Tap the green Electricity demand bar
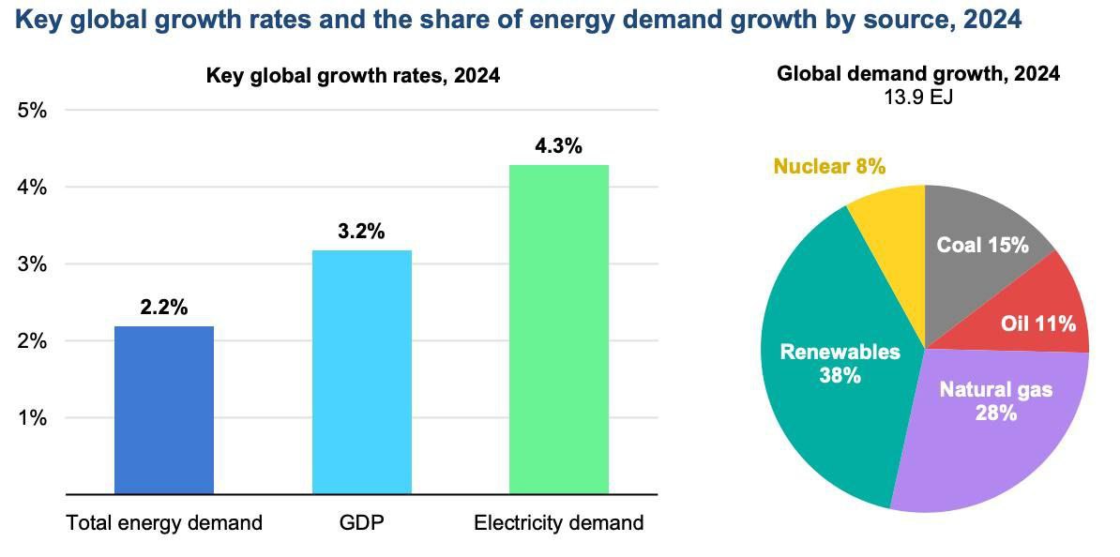point(559,329)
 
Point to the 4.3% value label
point(559,146)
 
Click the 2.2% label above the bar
point(164,308)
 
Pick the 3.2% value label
point(361,232)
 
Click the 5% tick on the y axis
point(32,111)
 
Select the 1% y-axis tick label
point(32,418)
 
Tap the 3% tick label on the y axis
point(32,264)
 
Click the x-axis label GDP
point(361,523)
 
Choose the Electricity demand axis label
point(559,523)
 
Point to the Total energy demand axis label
point(164,523)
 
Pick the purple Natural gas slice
point(985,422)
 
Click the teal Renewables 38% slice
point(825,375)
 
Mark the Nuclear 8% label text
point(829,167)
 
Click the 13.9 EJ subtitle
point(918,96)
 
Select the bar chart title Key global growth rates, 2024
point(353,76)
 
